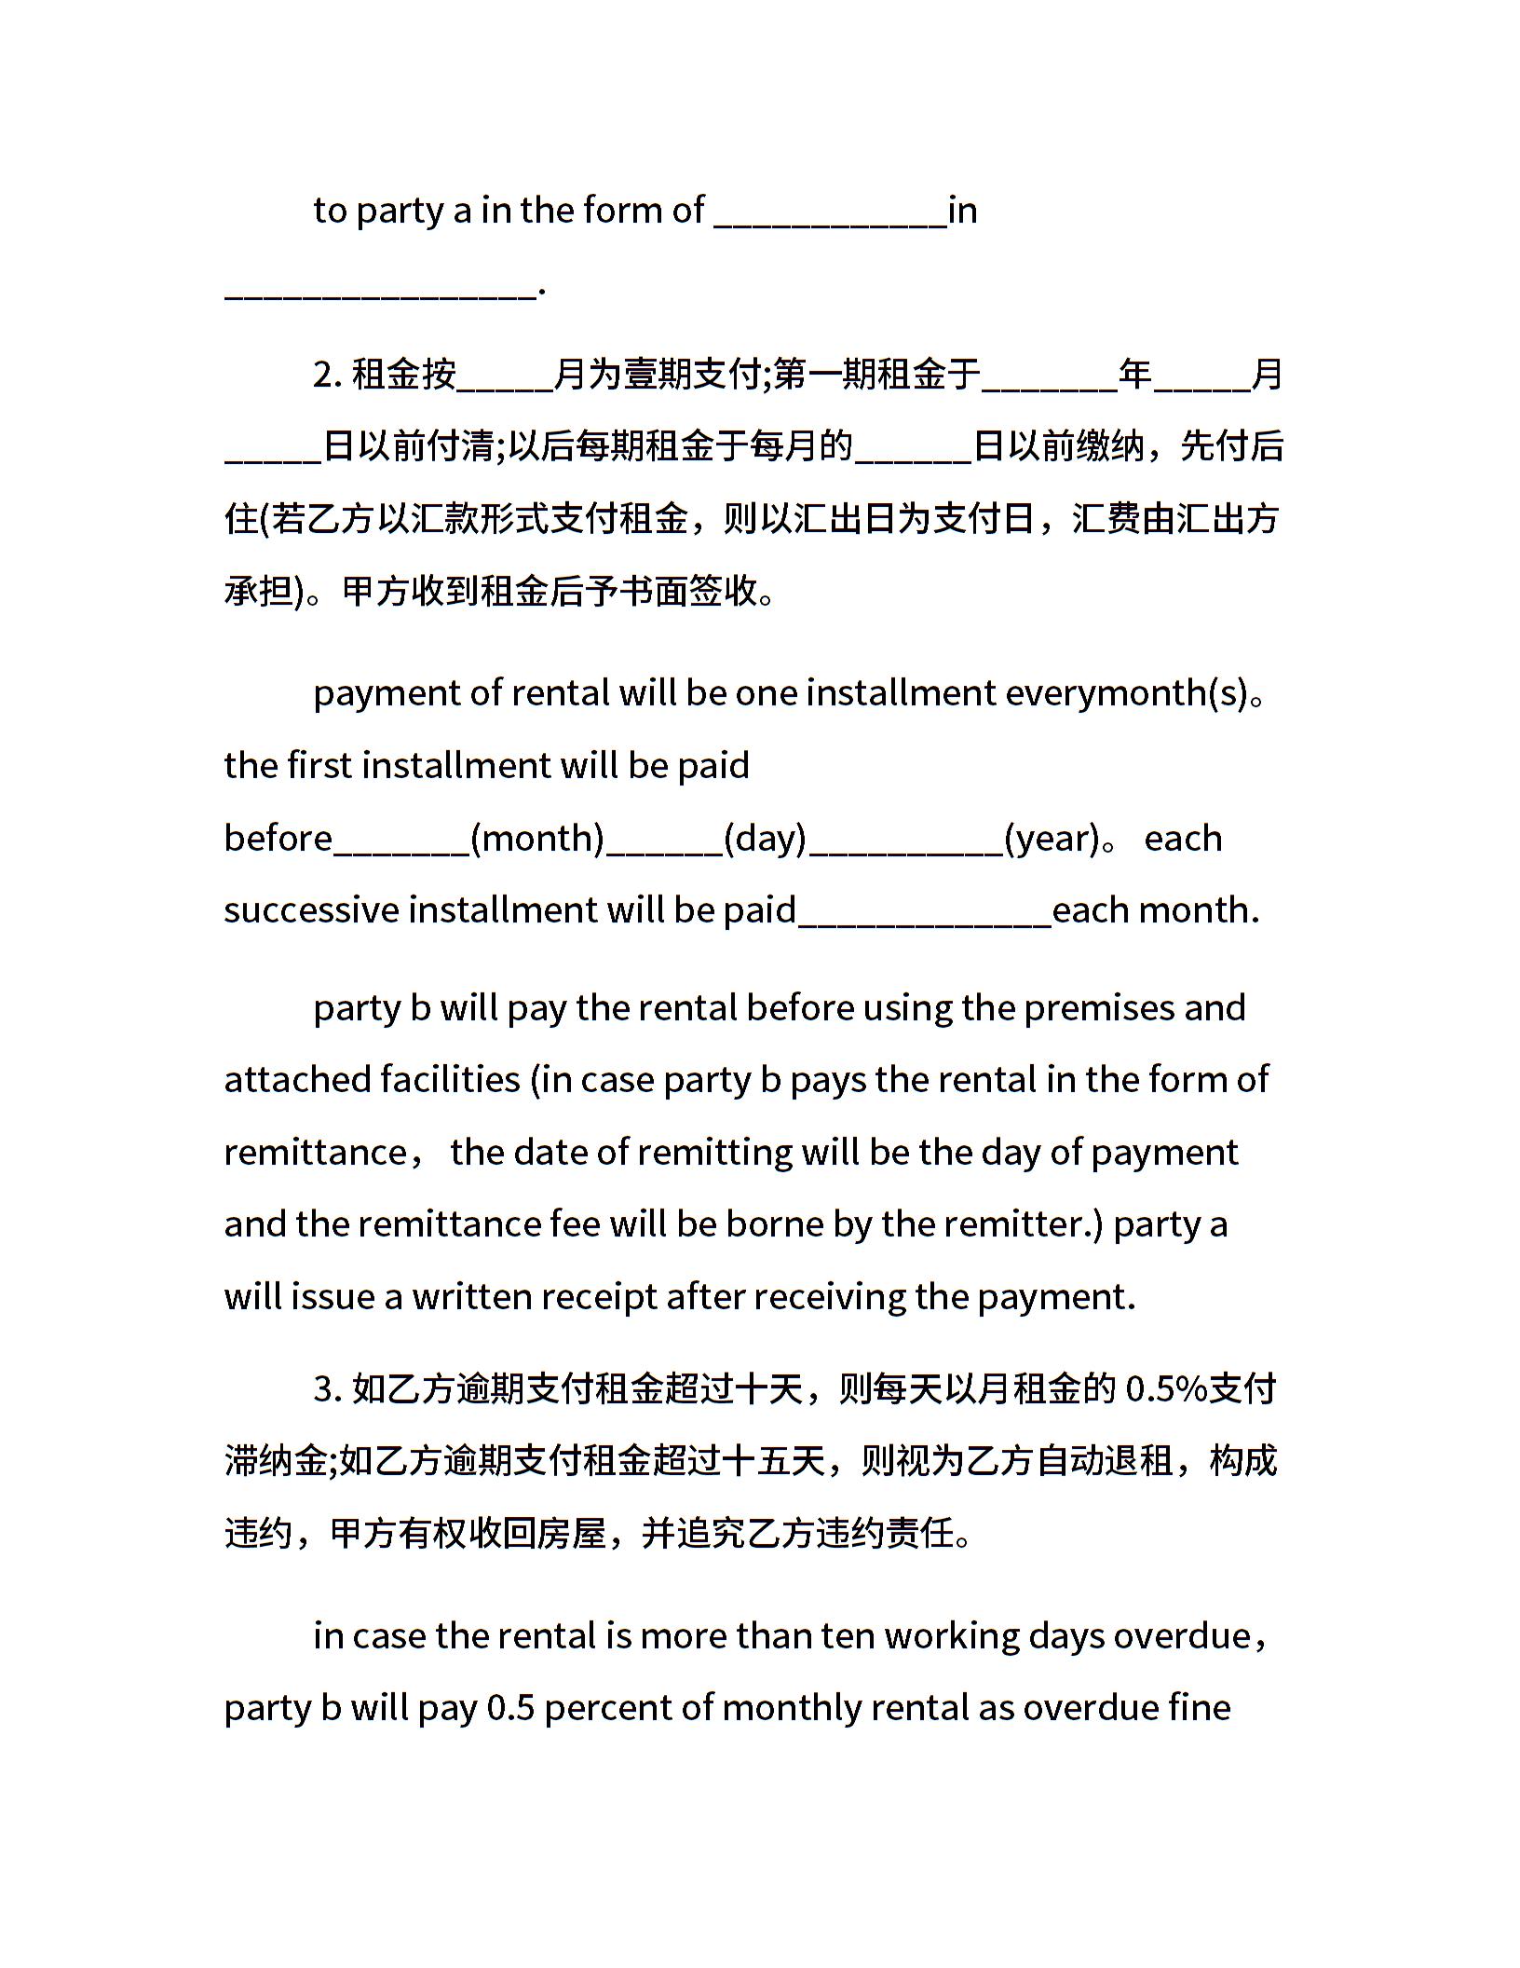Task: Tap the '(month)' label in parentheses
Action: pyautogui.click(x=537, y=839)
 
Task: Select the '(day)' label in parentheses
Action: pyautogui.click(x=765, y=839)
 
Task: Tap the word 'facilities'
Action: pyautogui.click(x=450, y=1080)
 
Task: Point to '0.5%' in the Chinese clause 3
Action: pyautogui.click(x=1166, y=1389)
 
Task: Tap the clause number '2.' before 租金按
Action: pyautogui.click(x=328, y=376)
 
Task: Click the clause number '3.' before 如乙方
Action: pyautogui.click(x=328, y=1389)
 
